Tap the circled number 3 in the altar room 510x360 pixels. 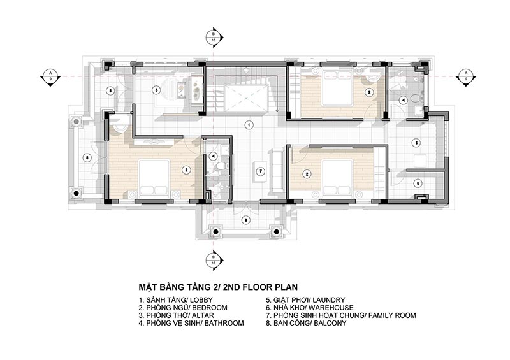155,90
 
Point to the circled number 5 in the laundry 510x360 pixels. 416,142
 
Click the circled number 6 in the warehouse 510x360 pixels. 418,183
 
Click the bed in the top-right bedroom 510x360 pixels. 338,91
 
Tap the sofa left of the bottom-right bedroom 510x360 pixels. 275,170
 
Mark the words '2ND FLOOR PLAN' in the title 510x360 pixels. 254,287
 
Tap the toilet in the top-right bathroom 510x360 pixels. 414,99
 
